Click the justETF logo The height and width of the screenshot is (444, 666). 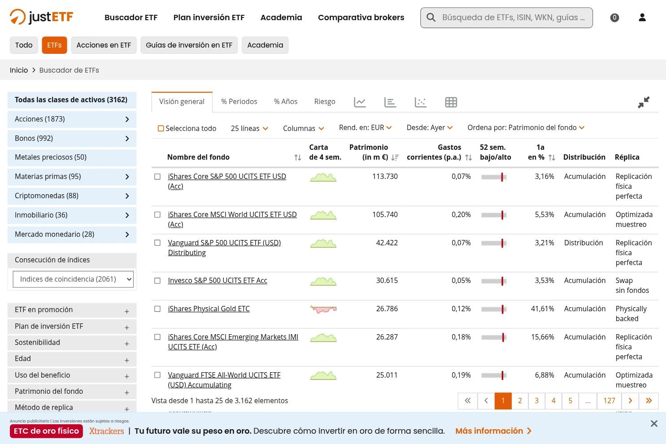[x=41, y=17]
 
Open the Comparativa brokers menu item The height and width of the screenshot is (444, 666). [x=361, y=17]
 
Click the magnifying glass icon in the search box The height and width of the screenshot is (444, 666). [x=431, y=17]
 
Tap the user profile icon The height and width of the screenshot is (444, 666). [x=642, y=17]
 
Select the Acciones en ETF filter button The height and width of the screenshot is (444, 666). [x=104, y=45]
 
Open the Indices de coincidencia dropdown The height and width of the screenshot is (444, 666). [x=73, y=279]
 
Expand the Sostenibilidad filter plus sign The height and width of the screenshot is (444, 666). [x=126, y=344]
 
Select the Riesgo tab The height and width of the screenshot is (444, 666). [x=325, y=102]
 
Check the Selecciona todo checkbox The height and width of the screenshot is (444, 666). [x=161, y=128]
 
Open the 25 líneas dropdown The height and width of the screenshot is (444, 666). [x=249, y=128]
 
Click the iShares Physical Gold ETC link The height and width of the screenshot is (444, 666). [x=209, y=309]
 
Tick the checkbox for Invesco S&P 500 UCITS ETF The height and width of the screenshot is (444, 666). [x=157, y=281]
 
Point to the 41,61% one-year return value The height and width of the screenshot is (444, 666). [x=542, y=309]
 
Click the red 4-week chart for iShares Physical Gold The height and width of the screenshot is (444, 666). [x=323, y=309]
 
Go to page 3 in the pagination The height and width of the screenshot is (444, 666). [x=537, y=400]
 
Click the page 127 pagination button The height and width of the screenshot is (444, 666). [x=609, y=400]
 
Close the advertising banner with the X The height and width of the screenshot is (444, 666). [x=654, y=423]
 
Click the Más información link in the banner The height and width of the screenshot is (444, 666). [x=493, y=431]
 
